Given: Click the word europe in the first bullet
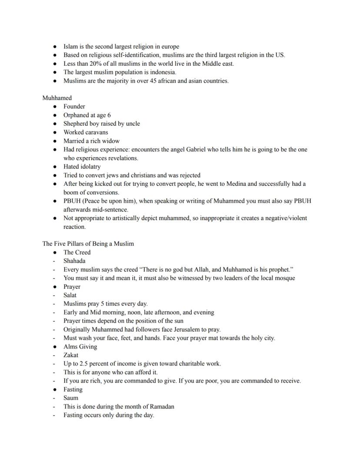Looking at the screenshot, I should tap(170, 47).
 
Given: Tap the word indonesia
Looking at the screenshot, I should tap(162, 72).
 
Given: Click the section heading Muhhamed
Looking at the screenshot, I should tap(57, 98).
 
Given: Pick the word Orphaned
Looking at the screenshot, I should tap(77, 115).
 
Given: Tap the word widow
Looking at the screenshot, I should tap(110, 141).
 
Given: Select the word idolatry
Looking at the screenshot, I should tap(90, 167).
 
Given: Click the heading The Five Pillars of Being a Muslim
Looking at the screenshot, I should tap(88, 244).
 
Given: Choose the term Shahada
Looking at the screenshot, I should tap(74, 261).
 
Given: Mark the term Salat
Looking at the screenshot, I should tap(70, 295).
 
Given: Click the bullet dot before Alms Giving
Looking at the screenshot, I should tap(54, 347).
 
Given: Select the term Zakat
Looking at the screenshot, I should tap(71, 355).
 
